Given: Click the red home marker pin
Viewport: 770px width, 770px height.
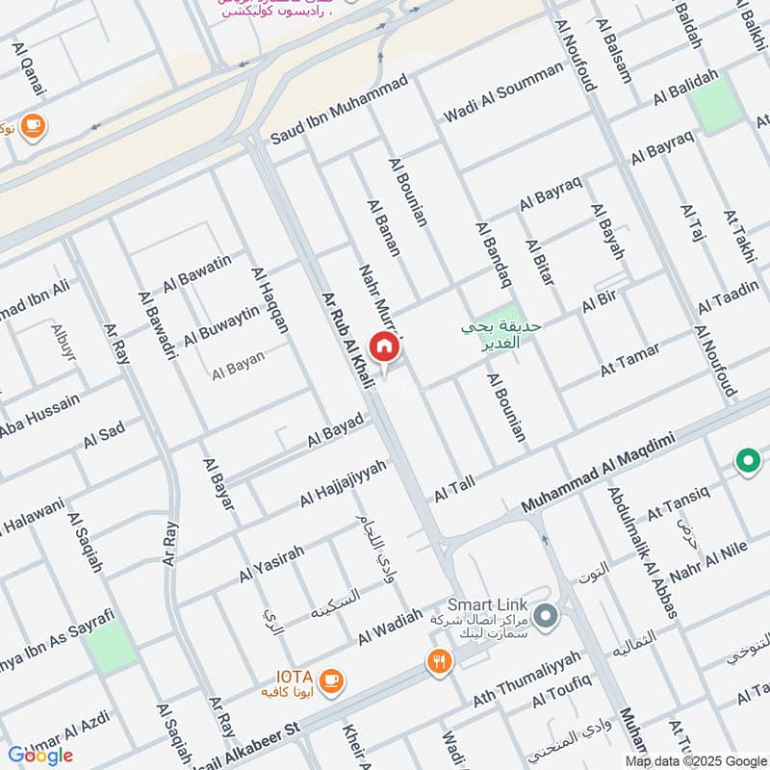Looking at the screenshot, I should coord(383,347).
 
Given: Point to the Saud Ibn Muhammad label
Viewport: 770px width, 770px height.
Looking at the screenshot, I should coord(327,124).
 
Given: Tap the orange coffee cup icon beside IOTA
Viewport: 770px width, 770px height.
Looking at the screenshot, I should coord(332,680).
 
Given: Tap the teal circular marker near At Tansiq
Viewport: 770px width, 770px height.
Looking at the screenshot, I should coord(747,461).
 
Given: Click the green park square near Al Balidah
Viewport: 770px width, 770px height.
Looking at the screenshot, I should coord(717,106).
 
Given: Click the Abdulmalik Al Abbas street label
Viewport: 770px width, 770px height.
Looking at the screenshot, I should coord(642,552).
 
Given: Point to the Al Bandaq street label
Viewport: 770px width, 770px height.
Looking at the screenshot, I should coord(491,254).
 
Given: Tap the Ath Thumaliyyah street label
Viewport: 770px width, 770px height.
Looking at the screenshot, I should coord(526,679).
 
